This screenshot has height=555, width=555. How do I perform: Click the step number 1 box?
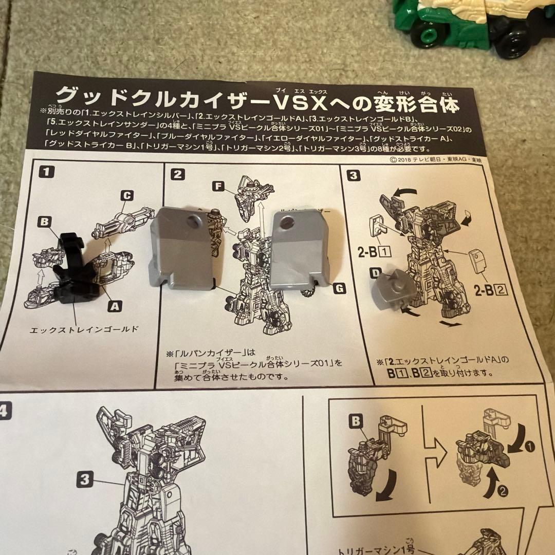[46, 172]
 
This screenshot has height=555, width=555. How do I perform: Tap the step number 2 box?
[178, 174]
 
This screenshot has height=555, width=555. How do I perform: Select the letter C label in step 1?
[126, 195]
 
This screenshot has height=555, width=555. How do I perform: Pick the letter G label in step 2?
[339, 288]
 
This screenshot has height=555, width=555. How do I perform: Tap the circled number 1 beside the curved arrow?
[530, 447]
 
